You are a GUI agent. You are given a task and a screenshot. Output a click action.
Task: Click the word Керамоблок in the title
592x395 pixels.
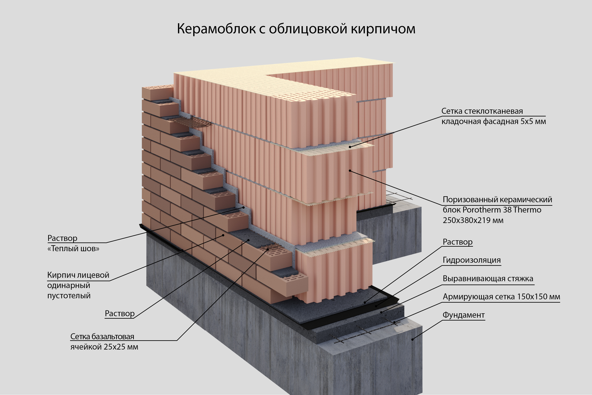click(x=216, y=29)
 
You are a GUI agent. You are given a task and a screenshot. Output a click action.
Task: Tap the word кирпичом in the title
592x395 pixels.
click(x=383, y=29)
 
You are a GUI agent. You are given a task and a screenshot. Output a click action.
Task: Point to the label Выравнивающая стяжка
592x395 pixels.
click(x=488, y=278)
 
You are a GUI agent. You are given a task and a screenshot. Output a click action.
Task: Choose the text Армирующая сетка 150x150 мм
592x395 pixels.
click(x=501, y=296)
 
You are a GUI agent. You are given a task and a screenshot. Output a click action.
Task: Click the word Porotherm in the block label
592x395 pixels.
click(x=481, y=210)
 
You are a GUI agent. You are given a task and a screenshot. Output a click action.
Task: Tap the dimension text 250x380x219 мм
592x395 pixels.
click(x=473, y=220)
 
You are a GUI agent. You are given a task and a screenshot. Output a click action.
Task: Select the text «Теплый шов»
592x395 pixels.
click(x=73, y=249)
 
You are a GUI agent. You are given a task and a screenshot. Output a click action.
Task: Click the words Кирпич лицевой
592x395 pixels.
click(x=78, y=275)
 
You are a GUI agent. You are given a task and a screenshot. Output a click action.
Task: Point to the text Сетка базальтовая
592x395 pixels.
click(x=102, y=336)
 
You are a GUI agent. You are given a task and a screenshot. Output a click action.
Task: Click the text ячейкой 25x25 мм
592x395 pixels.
click(x=104, y=347)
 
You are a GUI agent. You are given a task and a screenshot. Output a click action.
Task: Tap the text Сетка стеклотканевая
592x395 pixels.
click(x=482, y=111)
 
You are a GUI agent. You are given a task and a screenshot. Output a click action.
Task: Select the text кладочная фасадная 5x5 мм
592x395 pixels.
click(x=494, y=121)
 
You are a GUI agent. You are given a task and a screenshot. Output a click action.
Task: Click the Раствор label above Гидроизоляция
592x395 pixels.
click(x=458, y=242)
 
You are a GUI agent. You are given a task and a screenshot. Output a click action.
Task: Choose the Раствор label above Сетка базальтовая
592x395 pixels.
click(x=120, y=313)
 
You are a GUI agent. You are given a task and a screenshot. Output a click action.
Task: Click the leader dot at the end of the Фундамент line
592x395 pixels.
click(x=412, y=339)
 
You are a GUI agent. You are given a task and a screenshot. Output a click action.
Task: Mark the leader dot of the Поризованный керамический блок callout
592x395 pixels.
click(x=350, y=171)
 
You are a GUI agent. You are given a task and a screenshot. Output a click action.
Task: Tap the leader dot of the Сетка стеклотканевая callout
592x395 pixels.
click(x=350, y=147)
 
